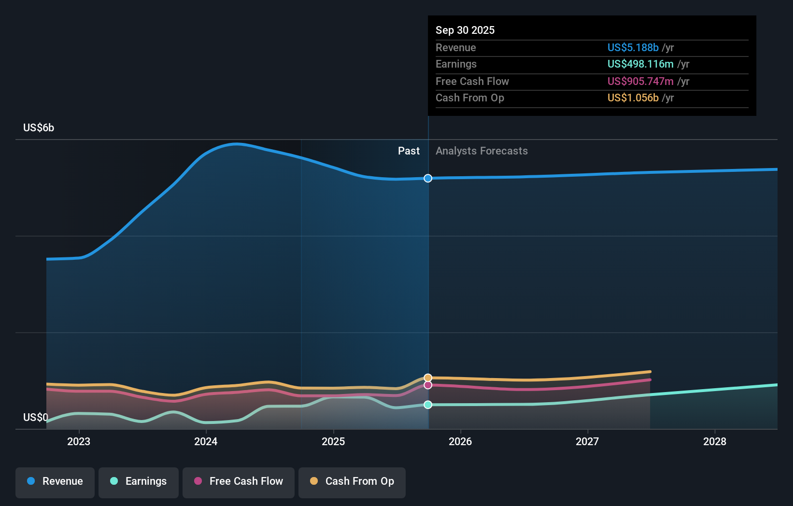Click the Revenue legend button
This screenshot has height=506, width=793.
tap(55, 481)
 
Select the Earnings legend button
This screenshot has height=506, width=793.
tap(139, 481)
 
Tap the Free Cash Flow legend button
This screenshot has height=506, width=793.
tap(239, 481)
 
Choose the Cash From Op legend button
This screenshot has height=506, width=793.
tap(352, 481)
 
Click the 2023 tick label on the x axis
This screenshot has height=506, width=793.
tap(79, 441)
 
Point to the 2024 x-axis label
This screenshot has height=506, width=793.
tap(206, 441)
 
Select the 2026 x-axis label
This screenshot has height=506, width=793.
tap(460, 441)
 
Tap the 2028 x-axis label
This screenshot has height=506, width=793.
tap(714, 441)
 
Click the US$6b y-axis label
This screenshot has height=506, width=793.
tap(39, 127)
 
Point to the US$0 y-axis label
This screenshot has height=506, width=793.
tap(36, 417)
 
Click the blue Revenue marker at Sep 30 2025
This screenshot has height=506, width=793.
tap(428, 178)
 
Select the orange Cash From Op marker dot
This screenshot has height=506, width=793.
tap(428, 378)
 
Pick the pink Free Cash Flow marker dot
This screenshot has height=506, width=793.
tap(428, 385)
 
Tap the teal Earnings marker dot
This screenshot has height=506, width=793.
tap(428, 405)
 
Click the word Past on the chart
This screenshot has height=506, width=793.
tap(409, 151)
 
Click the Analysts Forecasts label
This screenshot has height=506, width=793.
tap(481, 151)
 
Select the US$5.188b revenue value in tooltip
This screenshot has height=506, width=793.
tap(633, 47)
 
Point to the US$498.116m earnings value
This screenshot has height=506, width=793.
tap(640, 64)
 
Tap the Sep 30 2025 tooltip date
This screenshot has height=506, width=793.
tap(465, 30)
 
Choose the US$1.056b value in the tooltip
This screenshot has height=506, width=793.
tap(633, 98)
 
